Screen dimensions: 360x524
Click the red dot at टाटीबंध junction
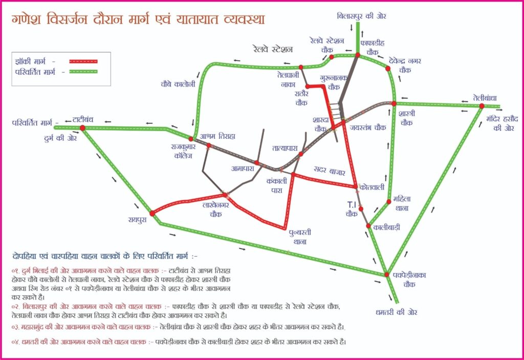coord(82,128)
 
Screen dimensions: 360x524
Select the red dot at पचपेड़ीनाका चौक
coord(387,274)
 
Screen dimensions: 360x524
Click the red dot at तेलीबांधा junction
coord(482,106)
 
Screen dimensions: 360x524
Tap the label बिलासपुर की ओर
coord(362,16)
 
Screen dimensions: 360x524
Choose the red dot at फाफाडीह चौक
coord(358,55)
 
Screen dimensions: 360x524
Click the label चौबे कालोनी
coord(178,83)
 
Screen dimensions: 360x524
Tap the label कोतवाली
coord(373,187)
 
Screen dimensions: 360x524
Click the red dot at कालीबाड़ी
coord(367,226)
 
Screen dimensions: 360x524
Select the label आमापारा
coord(242,168)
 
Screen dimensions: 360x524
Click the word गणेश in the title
coord(30,20)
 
